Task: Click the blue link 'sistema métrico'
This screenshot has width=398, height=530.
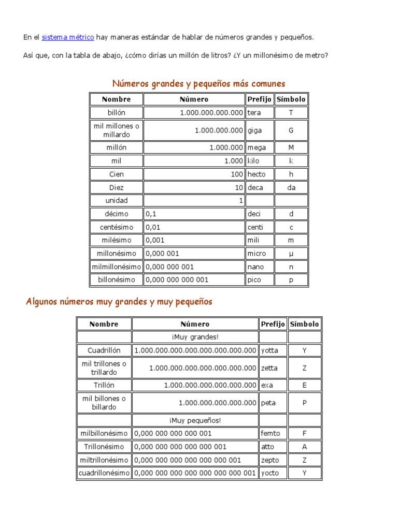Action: [x=68, y=37]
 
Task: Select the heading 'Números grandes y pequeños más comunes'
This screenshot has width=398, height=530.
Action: [x=199, y=83]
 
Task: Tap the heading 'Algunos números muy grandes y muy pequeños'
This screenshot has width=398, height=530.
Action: [x=119, y=301]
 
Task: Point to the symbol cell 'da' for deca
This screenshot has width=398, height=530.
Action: [x=291, y=187]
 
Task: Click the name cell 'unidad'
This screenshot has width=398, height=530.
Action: [x=117, y=200]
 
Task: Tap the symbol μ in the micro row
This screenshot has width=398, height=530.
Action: [x=291, y=254]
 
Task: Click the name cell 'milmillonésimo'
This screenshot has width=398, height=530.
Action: [x=117, y=267]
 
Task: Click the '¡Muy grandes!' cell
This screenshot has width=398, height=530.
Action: [x=195, y=337]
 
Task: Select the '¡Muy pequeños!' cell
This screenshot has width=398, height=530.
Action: [x=195, y=420]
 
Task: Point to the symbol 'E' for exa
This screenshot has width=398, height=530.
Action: [x=305, y=385]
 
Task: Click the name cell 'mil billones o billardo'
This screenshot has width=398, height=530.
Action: [x=104, y=403]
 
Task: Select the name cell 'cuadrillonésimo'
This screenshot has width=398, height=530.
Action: [x=104, y=473]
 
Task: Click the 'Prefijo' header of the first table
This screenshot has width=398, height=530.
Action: [x=260, y=99]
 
